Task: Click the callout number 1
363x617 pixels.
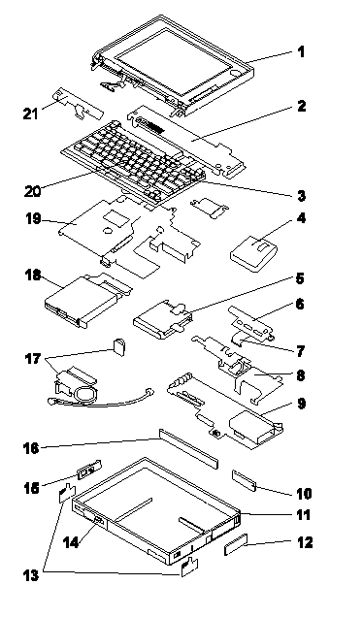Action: (301, 52)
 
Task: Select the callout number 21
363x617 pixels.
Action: (30, 114)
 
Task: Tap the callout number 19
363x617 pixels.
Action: (34, 219)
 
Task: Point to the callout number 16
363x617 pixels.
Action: (32, 448)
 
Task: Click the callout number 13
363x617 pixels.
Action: (31, 575)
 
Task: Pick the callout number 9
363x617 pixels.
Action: (301, 404)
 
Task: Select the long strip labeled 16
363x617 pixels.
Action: (188, 449)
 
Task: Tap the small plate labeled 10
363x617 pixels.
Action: (244, 481)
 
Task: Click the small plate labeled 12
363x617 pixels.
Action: (236, 544)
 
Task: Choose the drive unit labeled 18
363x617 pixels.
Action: (87, 300)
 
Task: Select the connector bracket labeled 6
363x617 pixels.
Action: (250, 323)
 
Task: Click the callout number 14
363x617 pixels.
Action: (71, 542)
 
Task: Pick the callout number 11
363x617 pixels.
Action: (303, 515)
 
